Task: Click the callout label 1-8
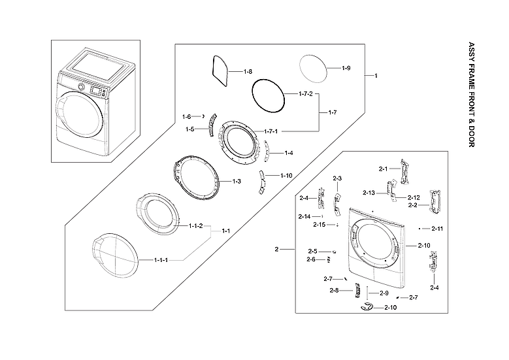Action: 248,71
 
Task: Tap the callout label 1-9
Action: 346,68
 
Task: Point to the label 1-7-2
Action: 306,94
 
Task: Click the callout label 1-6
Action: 186,116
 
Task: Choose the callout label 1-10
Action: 286,176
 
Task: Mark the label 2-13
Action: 369,193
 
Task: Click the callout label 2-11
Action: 437,229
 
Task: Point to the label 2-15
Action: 319,224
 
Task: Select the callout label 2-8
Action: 334,290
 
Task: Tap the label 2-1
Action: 383,169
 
